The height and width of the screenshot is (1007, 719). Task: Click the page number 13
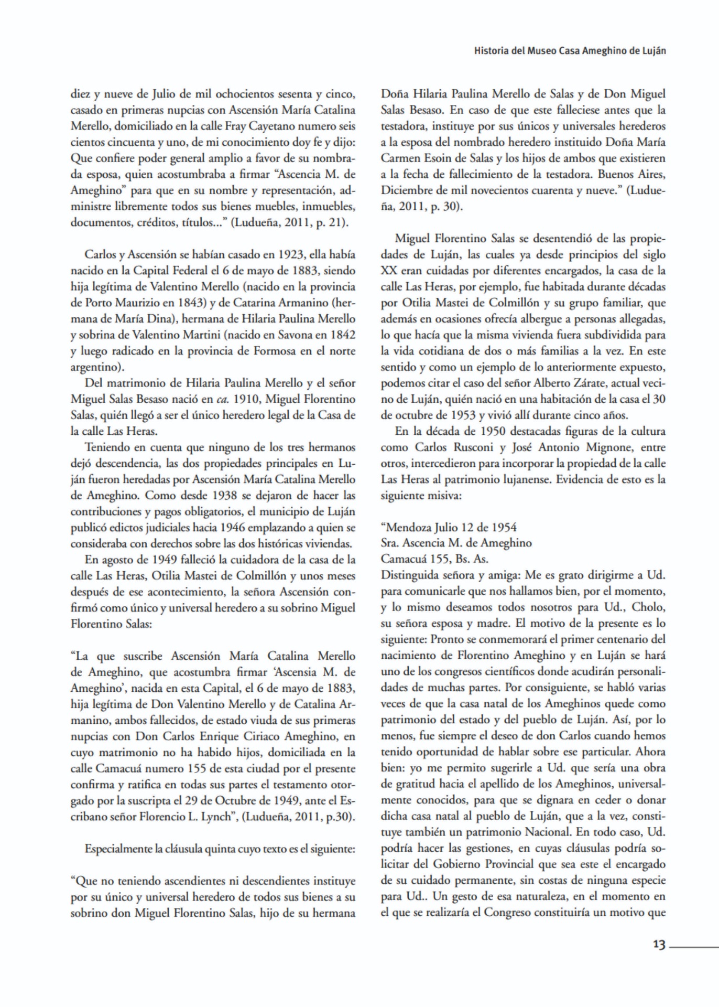[x=659, y=945]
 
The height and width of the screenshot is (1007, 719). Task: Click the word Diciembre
[x=406, y=190]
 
